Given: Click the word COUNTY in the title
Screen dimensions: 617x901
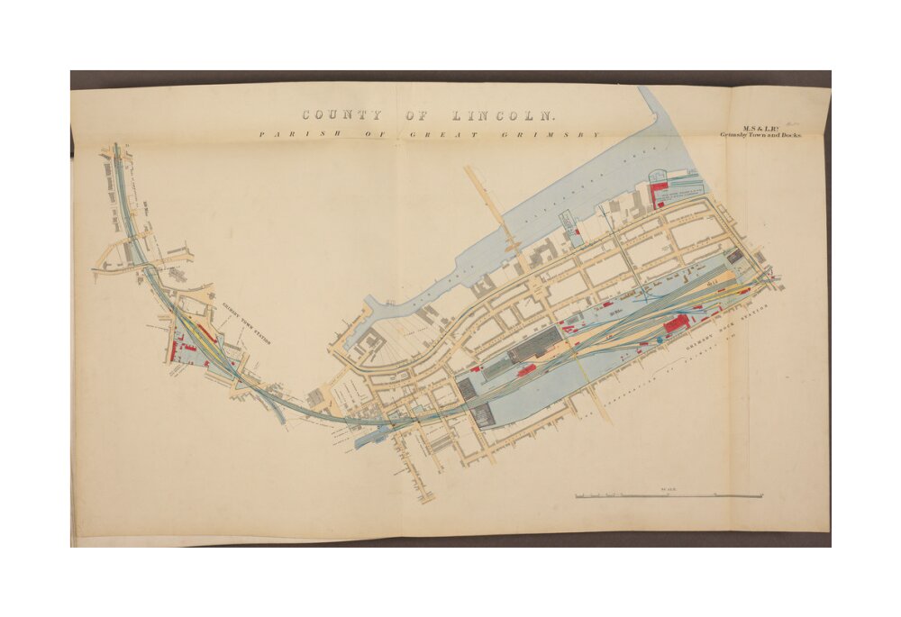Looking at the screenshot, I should [x=341, y=115].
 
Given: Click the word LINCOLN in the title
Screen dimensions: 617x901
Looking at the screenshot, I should [x=504, y=115].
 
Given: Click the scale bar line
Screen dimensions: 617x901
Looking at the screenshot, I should [x=669, y=496].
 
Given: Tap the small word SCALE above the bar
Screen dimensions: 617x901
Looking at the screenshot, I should [x=669, y=489].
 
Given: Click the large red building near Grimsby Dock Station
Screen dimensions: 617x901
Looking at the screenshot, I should [x=677, y=323].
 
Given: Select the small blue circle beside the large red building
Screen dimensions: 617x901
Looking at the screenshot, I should [x=660, y=339].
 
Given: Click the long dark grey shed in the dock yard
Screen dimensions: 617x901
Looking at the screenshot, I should [x=535, y=341].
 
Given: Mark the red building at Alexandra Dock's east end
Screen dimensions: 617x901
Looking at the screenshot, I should [x=659, y=191].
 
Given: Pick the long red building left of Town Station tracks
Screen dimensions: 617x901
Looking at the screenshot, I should [x=171, y=348].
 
